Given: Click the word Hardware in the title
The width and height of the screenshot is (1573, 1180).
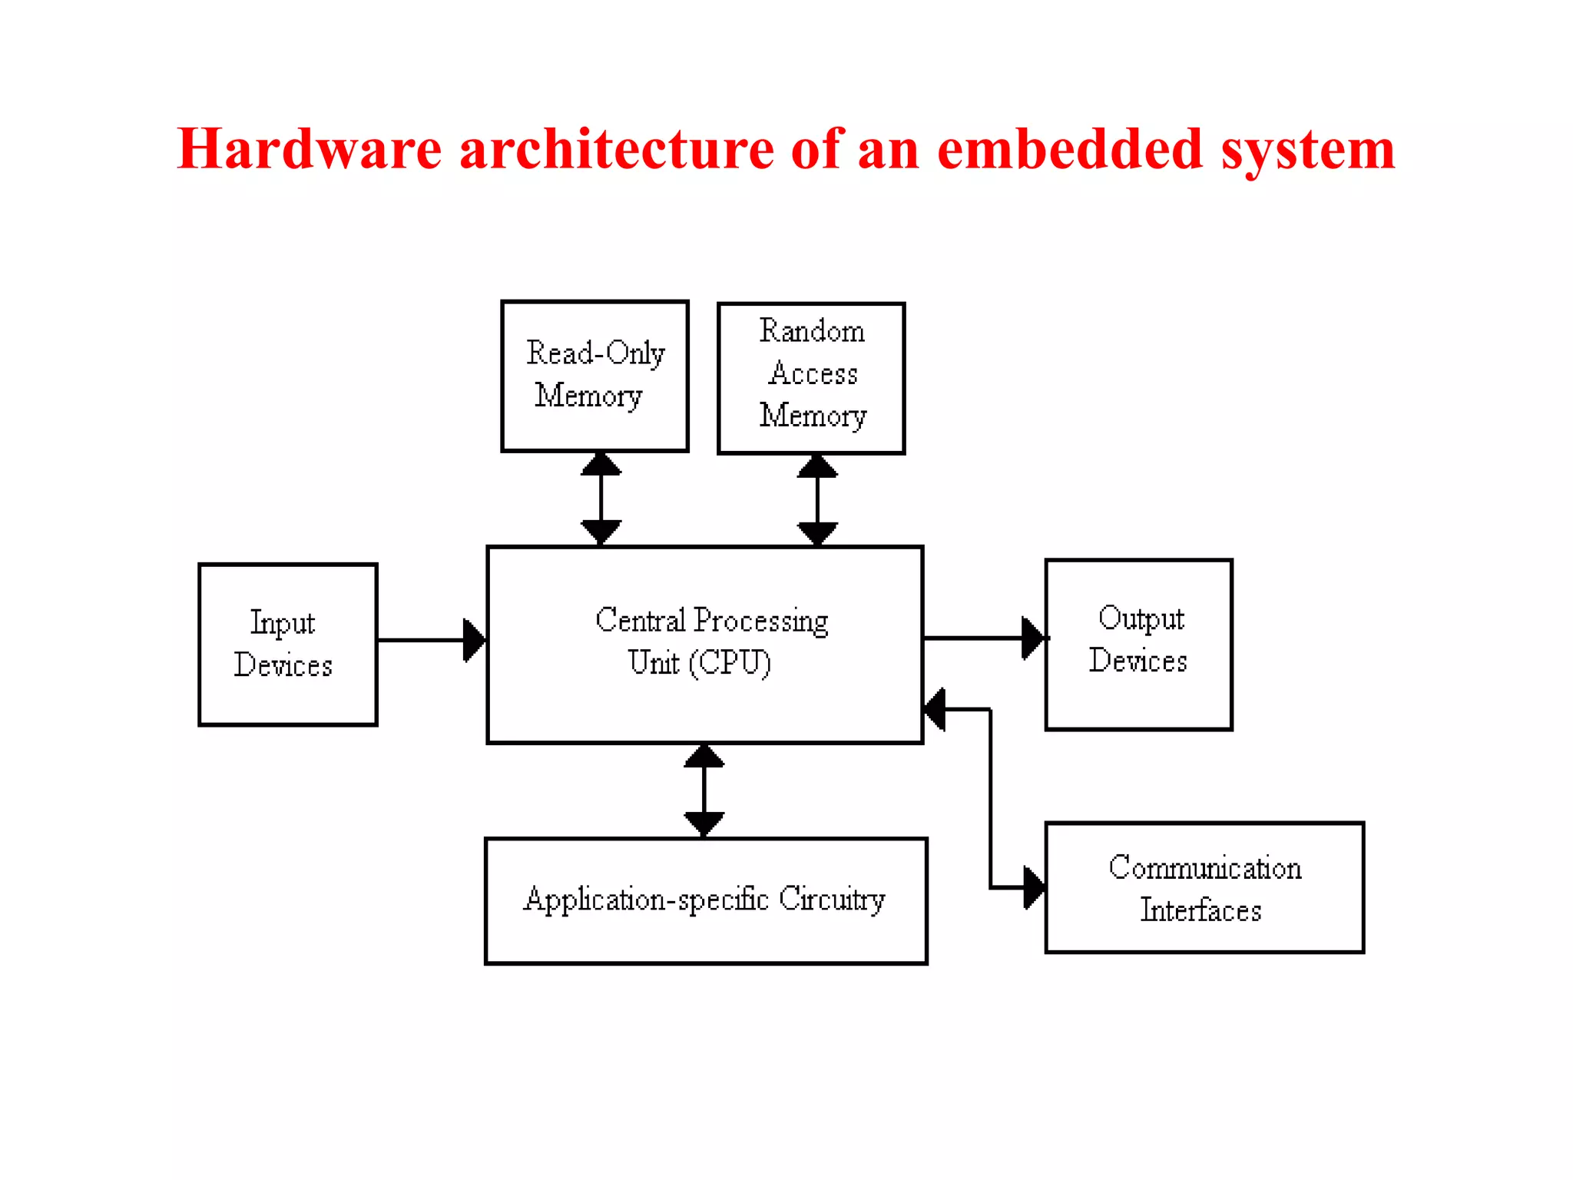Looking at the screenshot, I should [x=310, y=148].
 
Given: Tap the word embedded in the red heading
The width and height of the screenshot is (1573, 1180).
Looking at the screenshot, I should [x=1069, y=148].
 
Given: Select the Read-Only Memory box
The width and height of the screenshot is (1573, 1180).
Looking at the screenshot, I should [x=594, y=376].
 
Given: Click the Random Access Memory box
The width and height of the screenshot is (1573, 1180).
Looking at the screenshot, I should [x=811, y=378].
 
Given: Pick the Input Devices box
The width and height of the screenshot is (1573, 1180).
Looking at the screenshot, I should [x=288, y=645].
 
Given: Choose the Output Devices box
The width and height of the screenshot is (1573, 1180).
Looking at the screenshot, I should [x=1138, y=645].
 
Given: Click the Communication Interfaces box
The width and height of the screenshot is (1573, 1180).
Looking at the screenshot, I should [x=1204, y=887].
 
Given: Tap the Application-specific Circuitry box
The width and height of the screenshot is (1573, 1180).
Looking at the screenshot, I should [x=706, y=900].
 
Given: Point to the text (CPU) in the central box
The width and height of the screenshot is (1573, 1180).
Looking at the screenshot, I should [x=730, y=663].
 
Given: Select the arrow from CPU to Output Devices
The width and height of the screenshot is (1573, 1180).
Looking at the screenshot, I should [x=983, y=638].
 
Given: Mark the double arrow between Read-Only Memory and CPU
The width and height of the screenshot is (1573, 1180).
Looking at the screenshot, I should [x=601, y=499].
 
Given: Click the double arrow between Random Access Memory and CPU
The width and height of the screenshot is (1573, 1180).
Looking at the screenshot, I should [x=817, y=499].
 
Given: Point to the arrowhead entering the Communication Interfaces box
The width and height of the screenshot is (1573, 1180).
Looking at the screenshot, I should [x=1034, y=888].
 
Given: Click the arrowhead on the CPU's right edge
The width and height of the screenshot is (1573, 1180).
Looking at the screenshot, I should [x=935, y=709].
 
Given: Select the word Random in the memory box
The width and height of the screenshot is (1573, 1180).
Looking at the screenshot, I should [x=812, y=331].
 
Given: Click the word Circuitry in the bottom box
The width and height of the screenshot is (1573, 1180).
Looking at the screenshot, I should [x=832, y=899].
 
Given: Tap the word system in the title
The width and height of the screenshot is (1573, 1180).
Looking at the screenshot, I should [x=1308, y=150].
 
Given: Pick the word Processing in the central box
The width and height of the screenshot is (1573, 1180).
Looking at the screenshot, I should [x=760, y=621].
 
